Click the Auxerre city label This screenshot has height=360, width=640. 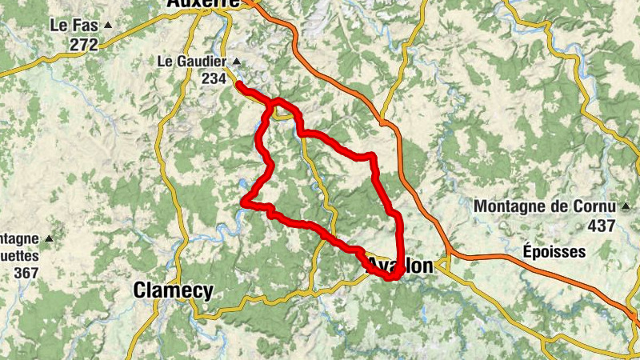[203, 3]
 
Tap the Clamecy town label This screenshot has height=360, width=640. [174, 290]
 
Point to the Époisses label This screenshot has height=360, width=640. [555, 251]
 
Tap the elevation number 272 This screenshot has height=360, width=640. [83, 45]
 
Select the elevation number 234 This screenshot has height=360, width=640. [214, 78]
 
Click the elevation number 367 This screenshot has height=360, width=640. [26, 272]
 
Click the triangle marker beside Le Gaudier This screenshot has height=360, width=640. [235, 61]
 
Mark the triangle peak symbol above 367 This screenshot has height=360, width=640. [49, 238]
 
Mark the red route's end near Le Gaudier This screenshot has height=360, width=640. [239, 83]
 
